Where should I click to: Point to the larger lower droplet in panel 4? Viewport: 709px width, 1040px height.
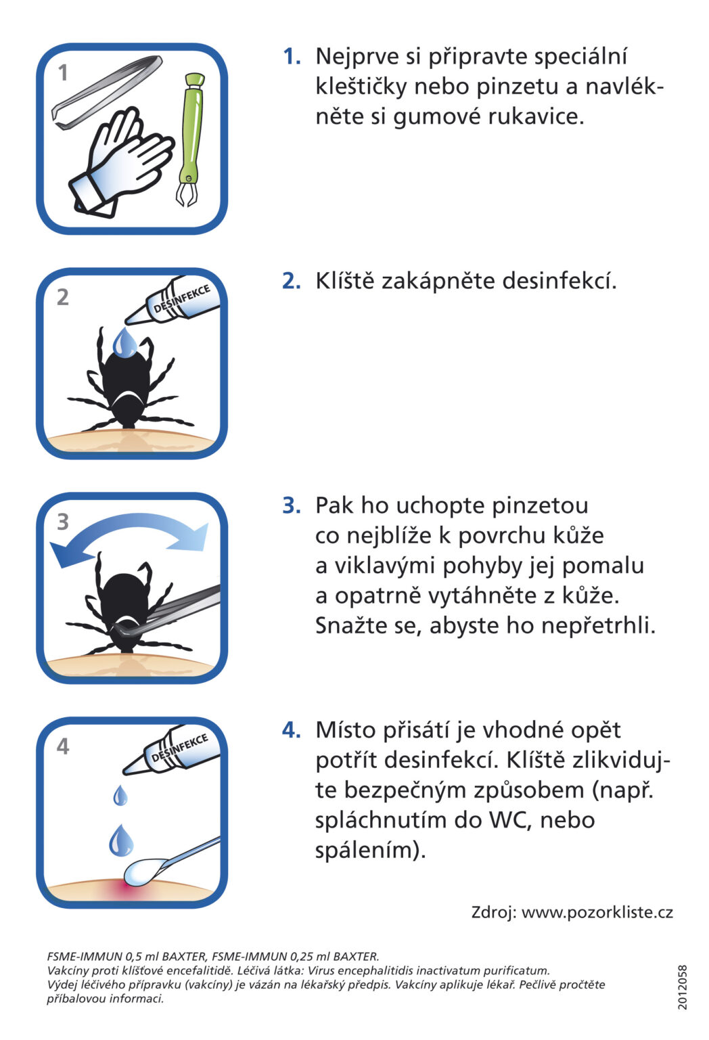pyautogui.click(x=121, y=840)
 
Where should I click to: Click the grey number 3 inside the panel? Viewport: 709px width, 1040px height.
pyautogui.click(x=63, y=522)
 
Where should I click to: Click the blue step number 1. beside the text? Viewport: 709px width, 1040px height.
pyautogui.click(x=292, y=56)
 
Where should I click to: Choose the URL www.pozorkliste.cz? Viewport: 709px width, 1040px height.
pyautogui.click(x=597, y=912)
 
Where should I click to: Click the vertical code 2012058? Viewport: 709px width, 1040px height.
pyautogui.click(x=683, y=987)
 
